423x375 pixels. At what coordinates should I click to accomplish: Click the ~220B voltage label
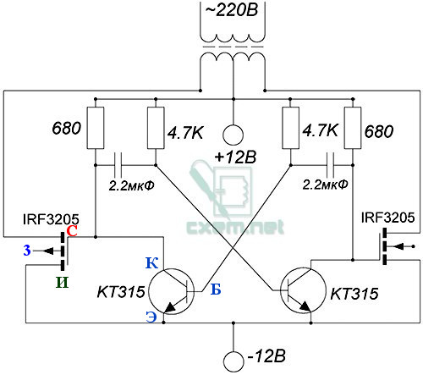click(232, 11)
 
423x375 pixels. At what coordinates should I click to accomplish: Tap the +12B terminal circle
click(233, 135)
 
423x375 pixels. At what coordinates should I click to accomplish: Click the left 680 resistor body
click(96, 128)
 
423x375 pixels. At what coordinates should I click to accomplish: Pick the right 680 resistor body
click(353, 128)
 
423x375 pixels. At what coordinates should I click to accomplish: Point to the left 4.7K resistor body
click(156, 128)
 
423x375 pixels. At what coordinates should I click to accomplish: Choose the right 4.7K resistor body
click(291, 128)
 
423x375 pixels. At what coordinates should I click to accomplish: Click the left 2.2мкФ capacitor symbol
click(118, 165)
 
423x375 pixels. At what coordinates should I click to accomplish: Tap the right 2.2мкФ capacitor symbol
click(330, 165)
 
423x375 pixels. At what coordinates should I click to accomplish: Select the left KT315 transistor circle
click(148, 291)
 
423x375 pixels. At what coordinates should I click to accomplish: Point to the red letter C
click(72, 231)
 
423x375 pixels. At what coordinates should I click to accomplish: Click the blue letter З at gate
click(27, 251)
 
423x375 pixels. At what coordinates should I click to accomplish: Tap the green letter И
click(62, 282)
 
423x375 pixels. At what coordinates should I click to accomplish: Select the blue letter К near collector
click(151, 262)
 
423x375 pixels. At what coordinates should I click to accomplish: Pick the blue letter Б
click(216, 290)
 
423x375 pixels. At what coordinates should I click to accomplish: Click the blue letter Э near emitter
click(151, 317)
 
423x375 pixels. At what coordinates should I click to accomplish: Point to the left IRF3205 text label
click(51, 219)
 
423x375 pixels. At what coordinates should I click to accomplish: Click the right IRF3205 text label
click(388, 218)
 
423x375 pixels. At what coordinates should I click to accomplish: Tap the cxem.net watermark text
click(235, 228)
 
